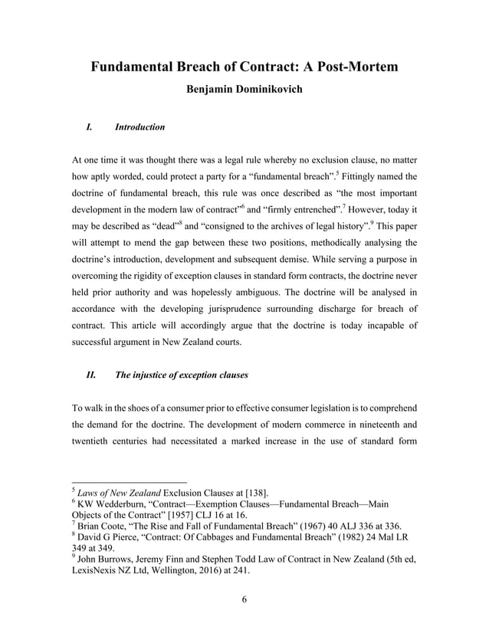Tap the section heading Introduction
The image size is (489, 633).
(139, 126)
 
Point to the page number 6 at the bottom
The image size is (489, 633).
(244, 599)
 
